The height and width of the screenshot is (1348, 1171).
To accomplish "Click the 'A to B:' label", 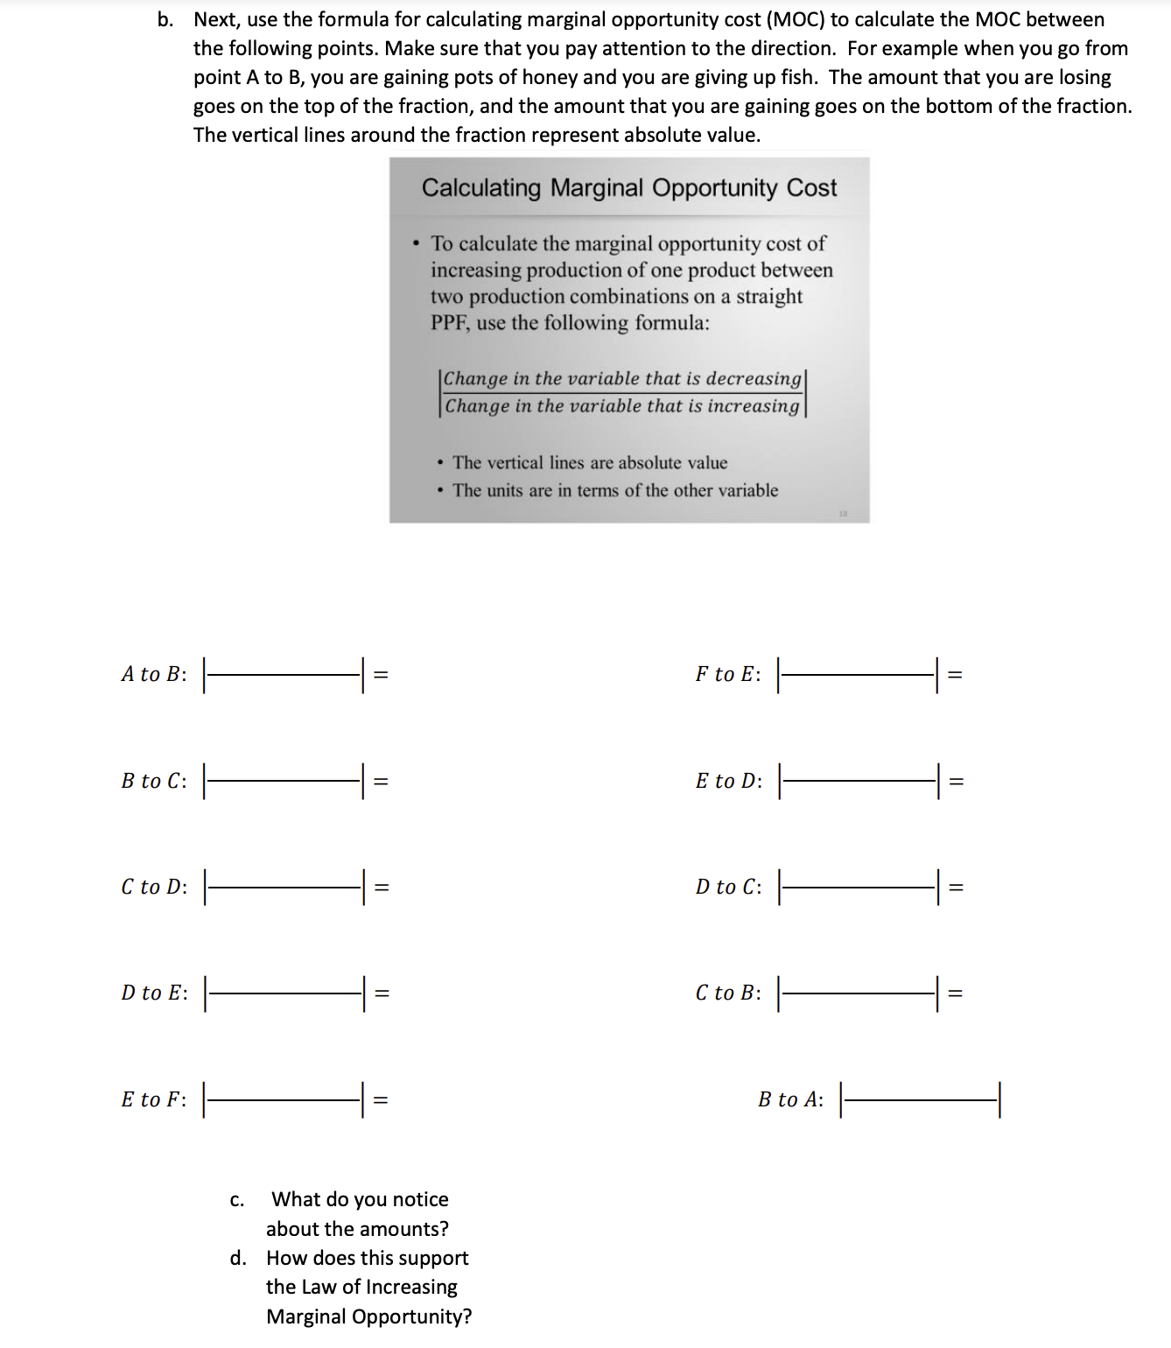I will (154, 674).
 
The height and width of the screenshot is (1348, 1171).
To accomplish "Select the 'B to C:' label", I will (154, 781).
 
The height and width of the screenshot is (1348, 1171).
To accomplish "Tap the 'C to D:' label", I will (154, 887).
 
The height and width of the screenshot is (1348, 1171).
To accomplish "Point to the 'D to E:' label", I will (154, 993).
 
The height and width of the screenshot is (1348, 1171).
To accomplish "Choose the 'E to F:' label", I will (154, 1099).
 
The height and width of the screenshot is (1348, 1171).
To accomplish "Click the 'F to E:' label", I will (727, 674).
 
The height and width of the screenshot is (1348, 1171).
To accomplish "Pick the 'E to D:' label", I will (728, 781).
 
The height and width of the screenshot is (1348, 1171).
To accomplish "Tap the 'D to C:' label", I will (728, 887).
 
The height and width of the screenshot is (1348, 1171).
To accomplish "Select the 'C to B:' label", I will (727, 993).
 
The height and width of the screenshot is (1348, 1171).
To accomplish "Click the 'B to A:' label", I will (790, 1099).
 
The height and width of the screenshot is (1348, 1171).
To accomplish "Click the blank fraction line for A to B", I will (283, 674).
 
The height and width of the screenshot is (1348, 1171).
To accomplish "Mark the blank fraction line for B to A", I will (919, 1099).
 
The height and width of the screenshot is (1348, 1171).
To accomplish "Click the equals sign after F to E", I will (956, 674).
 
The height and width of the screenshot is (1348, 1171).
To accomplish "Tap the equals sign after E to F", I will (381, 1099).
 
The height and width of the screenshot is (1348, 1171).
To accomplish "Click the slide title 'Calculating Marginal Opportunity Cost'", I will (629, 188).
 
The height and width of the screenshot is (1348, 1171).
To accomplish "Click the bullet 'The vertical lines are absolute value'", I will (589, 463).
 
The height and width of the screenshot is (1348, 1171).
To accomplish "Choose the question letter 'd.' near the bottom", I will (238, 1259).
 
